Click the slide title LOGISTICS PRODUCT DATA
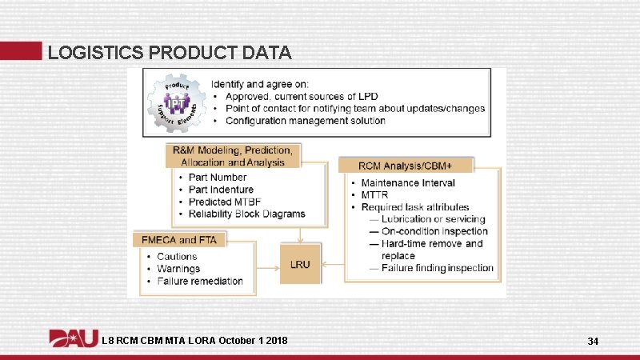tap(170, 53)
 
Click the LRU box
tap(300, 263)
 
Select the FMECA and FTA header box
tap(181, 239)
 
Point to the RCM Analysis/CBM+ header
tap(406, 166)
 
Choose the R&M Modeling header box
tap(232, 155)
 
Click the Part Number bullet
tap(218, 178)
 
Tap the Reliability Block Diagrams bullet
tap(246, 214)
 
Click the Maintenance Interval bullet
tap(408, 183)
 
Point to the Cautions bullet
tap(177, 257)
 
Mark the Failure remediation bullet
tap(200, 281)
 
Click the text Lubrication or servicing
tap(433, 219)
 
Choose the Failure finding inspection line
tap(438, 268)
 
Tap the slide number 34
tap(593, 342)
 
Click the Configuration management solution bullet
tap(305, 121)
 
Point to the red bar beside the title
tap(21, 50)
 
